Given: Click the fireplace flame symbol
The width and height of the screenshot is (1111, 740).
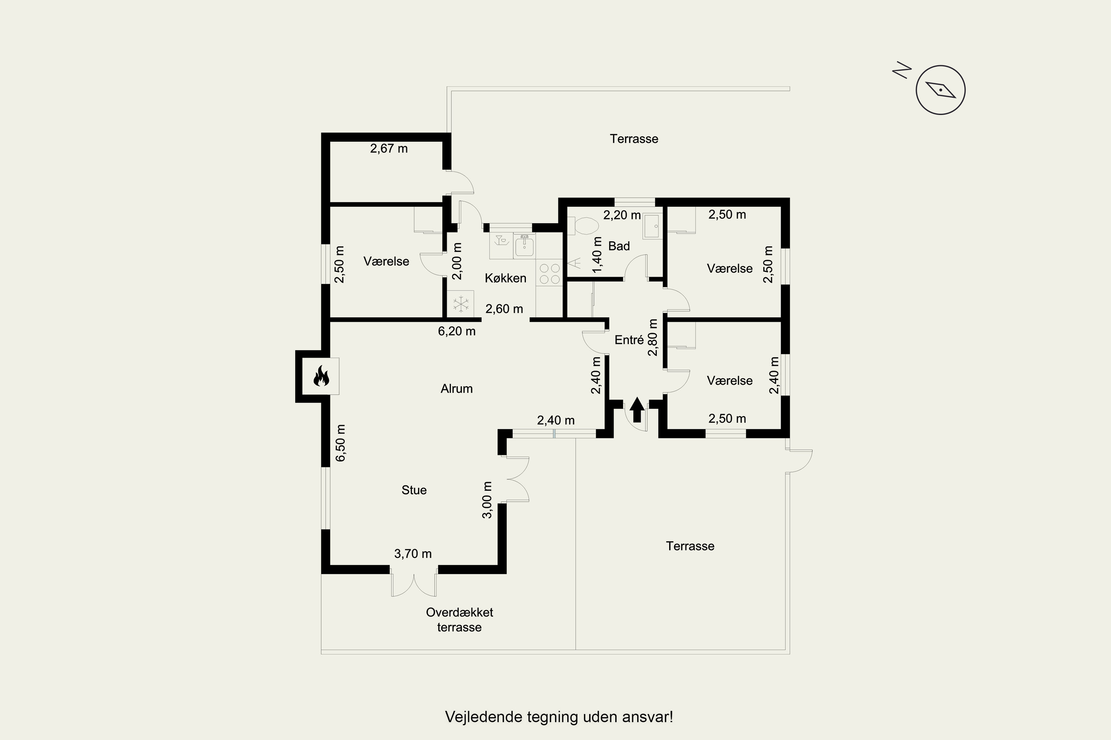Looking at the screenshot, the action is pyautogui.click(x=321, y=376).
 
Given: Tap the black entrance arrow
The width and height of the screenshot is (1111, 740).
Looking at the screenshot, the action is pyautogui.click(x=637, y=410).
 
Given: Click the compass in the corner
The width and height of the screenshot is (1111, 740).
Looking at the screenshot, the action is pyautogui.click(x=941, y=90).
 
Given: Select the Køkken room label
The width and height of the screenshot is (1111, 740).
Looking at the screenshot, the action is pyautogui.click(x=506, y=278).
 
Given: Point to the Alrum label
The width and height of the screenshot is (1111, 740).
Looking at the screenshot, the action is pyautogui.click(x=456, y=388).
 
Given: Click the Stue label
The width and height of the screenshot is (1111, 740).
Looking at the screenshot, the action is pyautogui.click(x=414, y=490).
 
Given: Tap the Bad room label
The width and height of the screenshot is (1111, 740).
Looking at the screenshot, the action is pyautogui.click(x=619, y=246).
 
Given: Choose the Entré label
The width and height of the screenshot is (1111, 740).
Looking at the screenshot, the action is pyautogui.click(x=629, y=339).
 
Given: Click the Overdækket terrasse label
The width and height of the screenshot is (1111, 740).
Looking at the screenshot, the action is pyautogui.click(x=459, y=620).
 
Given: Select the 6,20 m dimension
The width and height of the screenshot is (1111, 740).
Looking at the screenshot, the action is pyautogui.click(x=456, y=331).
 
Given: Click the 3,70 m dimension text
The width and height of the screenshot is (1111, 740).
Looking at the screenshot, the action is pyautogui.click(x=413, y=554).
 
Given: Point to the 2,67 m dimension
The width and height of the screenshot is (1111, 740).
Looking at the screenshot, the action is pyautogui.click(x=389, y=149).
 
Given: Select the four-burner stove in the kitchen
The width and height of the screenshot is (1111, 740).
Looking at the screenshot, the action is pyautogui.click(x=549, y=274).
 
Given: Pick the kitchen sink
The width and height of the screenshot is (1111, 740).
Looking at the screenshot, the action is pyautogui.click(x=524, y=246).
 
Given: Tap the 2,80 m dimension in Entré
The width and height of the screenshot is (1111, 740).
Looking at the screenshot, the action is pyautogui.click(x=653, y=337).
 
